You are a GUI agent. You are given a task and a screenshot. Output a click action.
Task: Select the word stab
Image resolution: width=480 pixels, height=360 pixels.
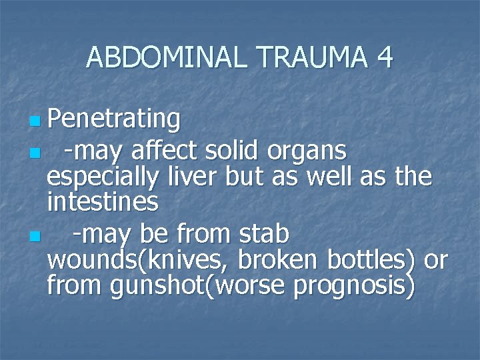point(263,234)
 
